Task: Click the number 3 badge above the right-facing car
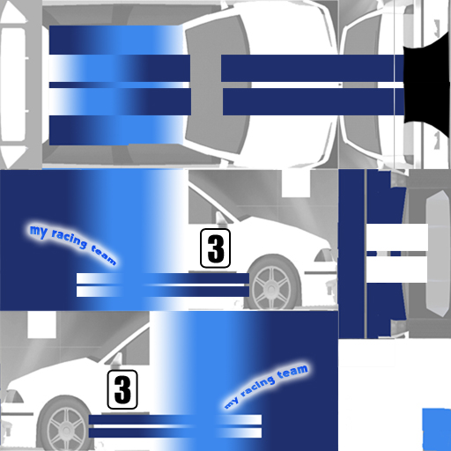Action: coord(215,248)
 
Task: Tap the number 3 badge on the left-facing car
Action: coord(122,389)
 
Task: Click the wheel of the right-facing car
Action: coord(272,285)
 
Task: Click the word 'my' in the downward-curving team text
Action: coord(39,232)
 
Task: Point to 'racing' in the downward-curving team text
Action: coord(70,241)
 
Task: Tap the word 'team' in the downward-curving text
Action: coord(103,255)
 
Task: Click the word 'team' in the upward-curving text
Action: coord(292,372)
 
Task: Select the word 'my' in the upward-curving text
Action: coord(231,403)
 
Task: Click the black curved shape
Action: coord(427,85)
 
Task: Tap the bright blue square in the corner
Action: coord(437,429)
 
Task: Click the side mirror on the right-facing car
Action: coord(220,218)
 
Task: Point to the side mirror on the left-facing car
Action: coord(117,359)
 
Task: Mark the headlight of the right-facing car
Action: coord(324,255)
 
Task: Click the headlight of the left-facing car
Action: coord(13,396)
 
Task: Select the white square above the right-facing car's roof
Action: coord(296,183)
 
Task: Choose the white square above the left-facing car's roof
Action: coord(41,324)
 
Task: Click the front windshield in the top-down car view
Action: coord(218,85)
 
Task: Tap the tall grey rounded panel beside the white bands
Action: coord(438,253)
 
